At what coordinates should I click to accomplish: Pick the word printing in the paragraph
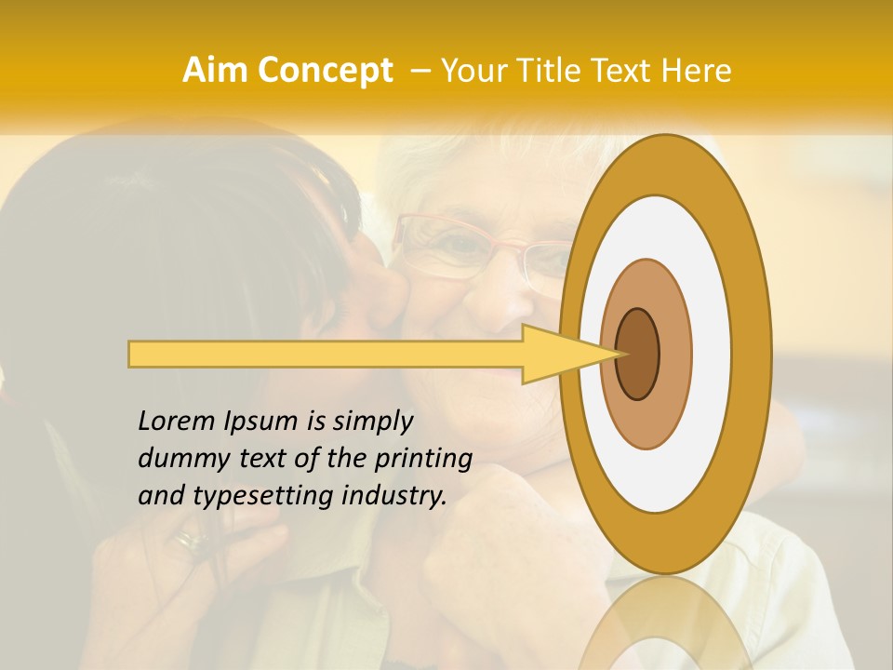tap(423, 460)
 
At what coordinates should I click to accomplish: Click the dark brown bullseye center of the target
tap(638, 354)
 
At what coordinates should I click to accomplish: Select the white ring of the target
tap(716, 354)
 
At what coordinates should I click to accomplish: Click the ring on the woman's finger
tap(191, 538)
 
